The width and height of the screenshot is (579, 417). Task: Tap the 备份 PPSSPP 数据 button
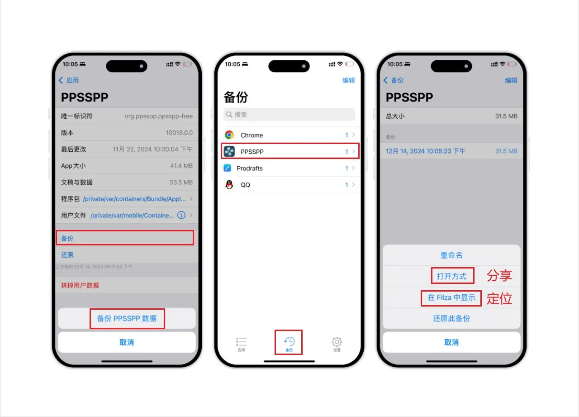click(x=127, y=318)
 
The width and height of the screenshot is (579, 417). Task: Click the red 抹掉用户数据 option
click(x=80, y=285)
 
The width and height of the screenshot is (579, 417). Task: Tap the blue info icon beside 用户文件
click(x=181, y=215)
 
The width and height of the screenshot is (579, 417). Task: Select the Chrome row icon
click(x=229, y=135)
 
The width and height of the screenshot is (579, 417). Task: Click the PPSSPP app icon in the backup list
click(x=229, y=151)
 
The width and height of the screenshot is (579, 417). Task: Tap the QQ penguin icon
click(x=229, y=185)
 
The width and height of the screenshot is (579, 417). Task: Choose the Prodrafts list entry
click(x=249, y=168)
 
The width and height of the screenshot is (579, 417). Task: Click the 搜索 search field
click(x=289, y=115)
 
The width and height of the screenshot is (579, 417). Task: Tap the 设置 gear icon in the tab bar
click(x=337, y=342)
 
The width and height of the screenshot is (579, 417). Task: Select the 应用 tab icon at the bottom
click(x=241, y=342)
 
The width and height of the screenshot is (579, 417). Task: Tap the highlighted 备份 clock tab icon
click(x=289, y=341)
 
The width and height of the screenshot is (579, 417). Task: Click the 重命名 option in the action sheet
click(x=451, y=255)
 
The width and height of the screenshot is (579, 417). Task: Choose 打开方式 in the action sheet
click(x=451, y=276)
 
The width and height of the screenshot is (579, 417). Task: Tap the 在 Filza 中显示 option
click(x=451, y=298)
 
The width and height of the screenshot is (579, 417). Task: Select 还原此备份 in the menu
click(x=451, y=318)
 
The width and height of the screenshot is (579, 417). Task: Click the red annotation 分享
click(x=499, y=275)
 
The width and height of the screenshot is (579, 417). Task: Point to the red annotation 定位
click(x=499, y=298)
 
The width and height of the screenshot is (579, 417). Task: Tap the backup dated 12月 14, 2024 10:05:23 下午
click(x=425, y=151)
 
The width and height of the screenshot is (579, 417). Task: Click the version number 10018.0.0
click(x=179, y=133)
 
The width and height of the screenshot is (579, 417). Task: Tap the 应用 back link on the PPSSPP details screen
click(x=69, y=80)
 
